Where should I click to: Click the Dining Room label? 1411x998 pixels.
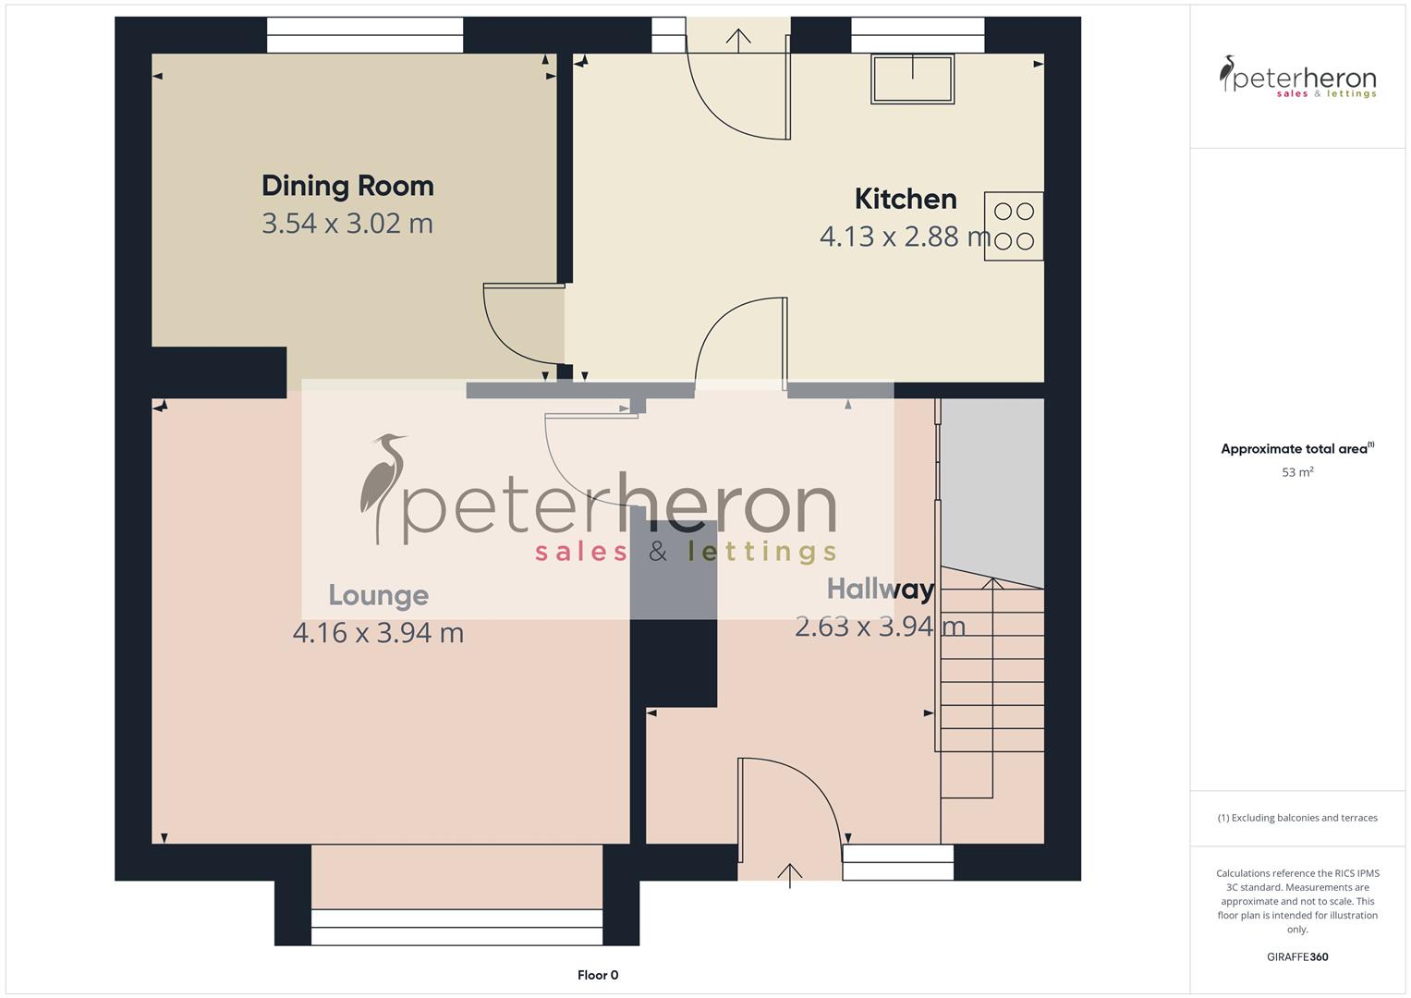click(347, 186)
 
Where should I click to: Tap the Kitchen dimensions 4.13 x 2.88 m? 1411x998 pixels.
click(905, 237)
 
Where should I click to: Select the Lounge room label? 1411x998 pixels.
click(378, 595)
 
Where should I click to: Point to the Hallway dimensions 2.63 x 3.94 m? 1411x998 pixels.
click(880, 627)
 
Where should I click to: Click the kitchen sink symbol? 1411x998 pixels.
click(912, 79)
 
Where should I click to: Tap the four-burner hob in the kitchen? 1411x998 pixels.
click(1014, 226)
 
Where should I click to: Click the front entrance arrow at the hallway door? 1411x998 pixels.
click(790, 873)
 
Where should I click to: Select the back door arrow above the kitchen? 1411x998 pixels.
click(737, 39)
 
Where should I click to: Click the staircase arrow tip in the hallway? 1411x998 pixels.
click(992, 582)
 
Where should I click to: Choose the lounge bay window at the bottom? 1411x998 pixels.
click(456, 926)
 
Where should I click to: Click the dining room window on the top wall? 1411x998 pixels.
click(365, 35)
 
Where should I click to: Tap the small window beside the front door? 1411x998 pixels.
click(897, 862)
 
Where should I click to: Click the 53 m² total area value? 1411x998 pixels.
click(1297, 472)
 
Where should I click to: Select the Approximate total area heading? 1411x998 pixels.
click(1296, 449)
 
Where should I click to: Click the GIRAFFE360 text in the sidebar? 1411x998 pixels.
click(1297, 956)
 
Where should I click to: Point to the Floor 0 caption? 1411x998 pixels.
click(598, 975)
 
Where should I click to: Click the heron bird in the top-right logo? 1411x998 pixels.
click(1227, 73)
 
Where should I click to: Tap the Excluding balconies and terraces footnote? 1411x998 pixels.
click(1297, 818)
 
